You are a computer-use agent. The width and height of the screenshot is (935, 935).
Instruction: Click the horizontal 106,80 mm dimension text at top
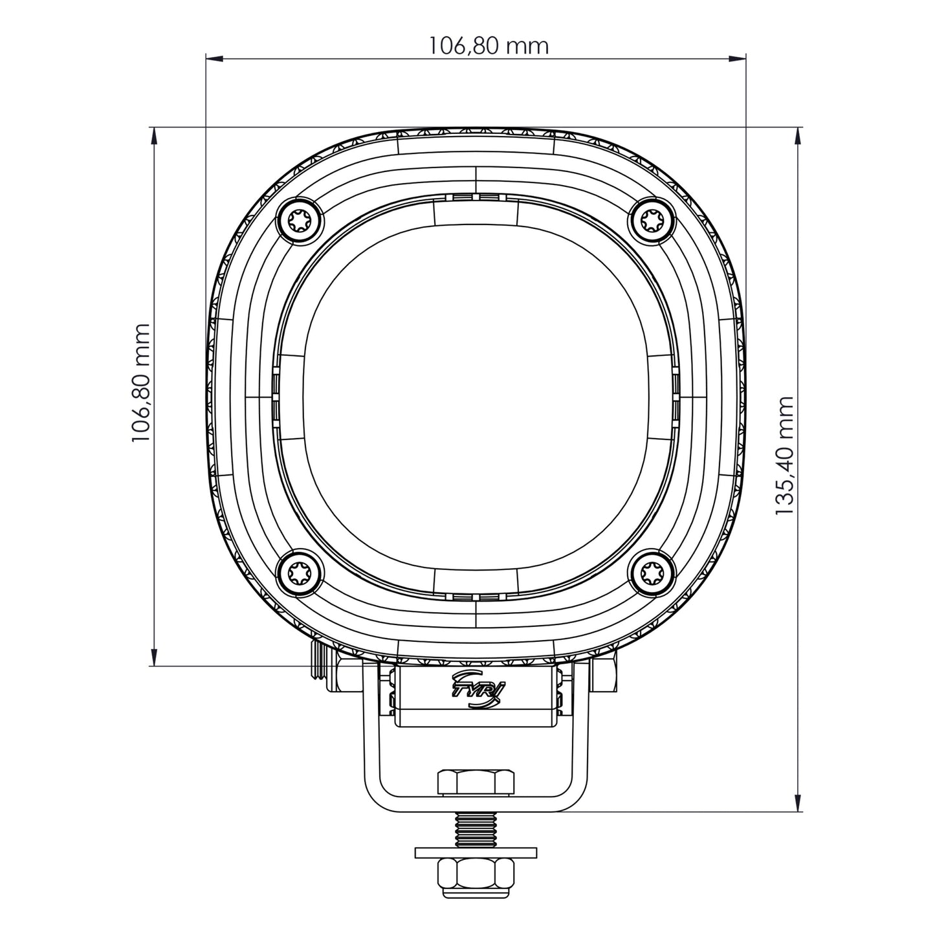coord(489,46)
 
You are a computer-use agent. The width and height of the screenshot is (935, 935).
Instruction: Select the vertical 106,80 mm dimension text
coord(141,383)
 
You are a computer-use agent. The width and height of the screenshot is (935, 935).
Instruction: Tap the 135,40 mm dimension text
coord(784,456)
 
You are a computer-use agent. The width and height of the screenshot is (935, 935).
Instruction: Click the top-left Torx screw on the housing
coord(299,221)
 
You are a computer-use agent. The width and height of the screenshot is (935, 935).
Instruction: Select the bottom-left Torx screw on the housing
coord(299,572)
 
